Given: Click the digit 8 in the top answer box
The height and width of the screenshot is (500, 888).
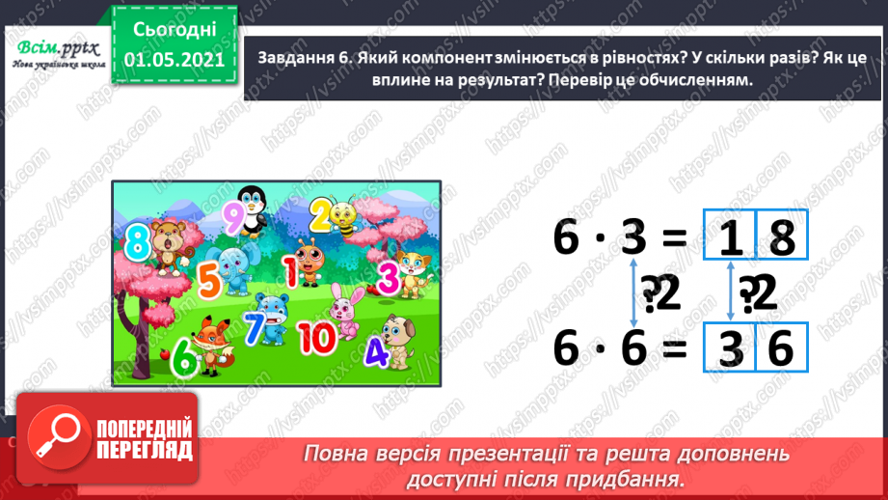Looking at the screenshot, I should coord(782,238).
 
